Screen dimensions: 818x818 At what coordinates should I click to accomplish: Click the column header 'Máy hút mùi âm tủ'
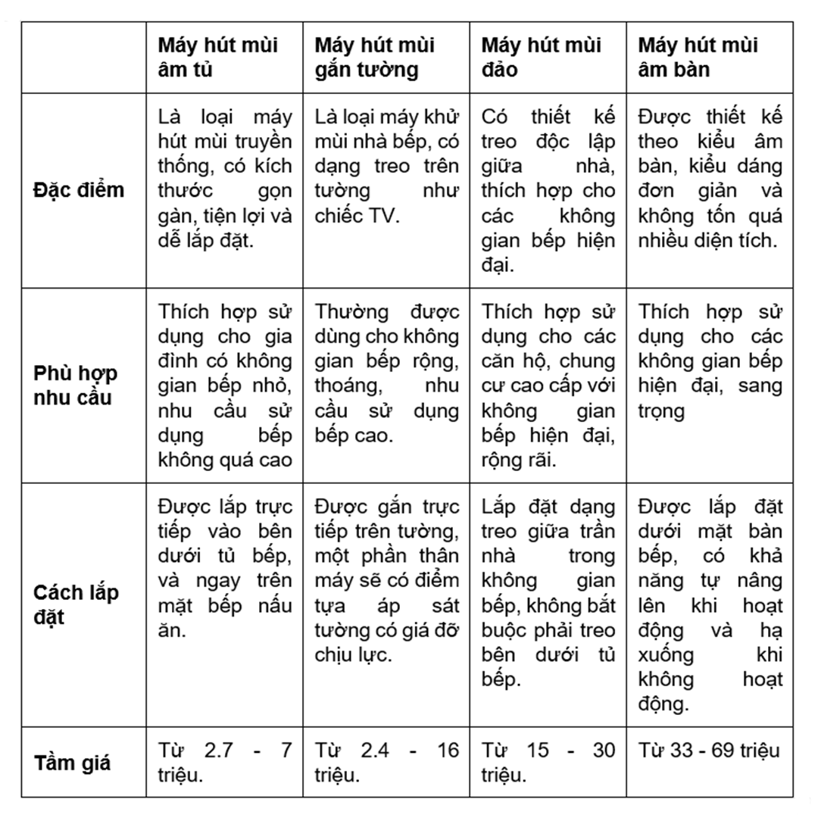[x=218, y=57]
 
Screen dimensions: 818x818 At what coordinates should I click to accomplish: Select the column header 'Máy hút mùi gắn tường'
[x=375, y=57]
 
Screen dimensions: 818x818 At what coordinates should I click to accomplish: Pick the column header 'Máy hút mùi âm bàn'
[x=698, y=57]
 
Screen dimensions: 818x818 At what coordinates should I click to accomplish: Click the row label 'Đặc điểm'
[x=79, y=189]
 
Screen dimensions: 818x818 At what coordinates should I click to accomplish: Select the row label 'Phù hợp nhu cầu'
[x=76, y=385]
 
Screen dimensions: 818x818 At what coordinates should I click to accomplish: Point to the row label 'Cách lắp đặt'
[x=76, y=604]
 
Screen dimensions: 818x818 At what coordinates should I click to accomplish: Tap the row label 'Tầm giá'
[x=73, y=763]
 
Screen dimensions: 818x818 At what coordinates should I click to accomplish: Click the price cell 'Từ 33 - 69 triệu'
[x=709, y=751]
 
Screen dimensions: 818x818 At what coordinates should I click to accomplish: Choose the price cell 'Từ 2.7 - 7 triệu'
[x=224, y=763]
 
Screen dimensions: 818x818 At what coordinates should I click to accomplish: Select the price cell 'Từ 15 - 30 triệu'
[x=548, y=763]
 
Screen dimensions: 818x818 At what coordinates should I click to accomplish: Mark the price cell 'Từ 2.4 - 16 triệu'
[x=386, y=763]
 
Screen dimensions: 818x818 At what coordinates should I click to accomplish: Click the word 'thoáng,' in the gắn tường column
[x=348, y=386]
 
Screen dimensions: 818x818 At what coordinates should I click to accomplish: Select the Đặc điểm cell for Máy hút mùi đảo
[x=548, y=189]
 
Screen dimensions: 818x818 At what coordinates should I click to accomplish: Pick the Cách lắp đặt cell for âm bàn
[x=710, y=604]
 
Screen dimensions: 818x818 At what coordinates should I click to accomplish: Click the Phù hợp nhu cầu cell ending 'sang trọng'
[x=710, y=361]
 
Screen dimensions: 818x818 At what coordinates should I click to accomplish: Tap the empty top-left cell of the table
[x=83, y=57]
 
